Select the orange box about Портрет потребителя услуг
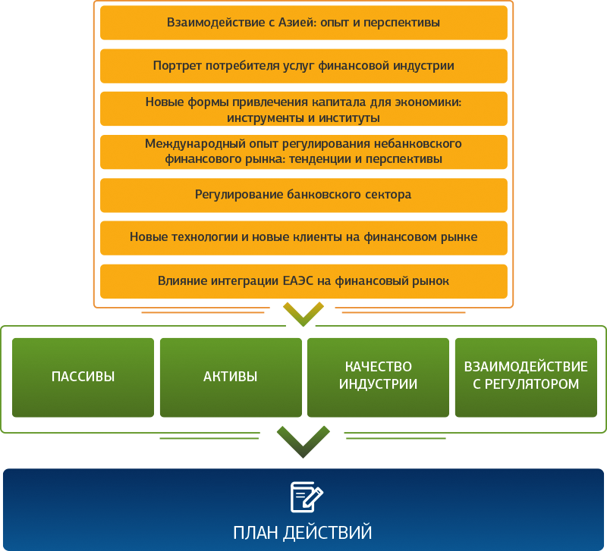tap(304, 66)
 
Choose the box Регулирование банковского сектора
tap(304, 196)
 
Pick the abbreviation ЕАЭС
tap(298, 280)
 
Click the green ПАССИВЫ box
tap(83, 377)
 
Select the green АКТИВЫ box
tap(231, 377)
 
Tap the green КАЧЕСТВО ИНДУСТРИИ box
tap(378, 377)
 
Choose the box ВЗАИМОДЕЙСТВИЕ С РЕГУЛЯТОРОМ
tap(526, 377)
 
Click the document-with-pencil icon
tap(307, 497)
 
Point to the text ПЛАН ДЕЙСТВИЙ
tap(302, 533)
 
